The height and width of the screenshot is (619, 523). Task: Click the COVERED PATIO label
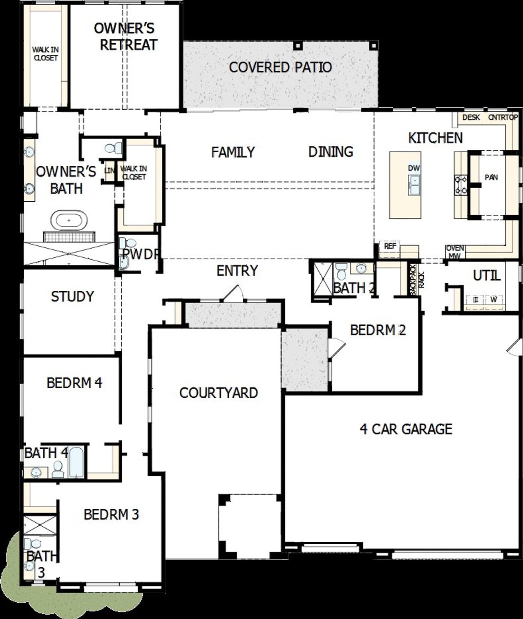coord(280,67)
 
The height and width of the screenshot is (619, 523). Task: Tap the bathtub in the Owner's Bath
coord(69,221)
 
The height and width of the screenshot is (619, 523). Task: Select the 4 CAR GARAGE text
coord(406,429)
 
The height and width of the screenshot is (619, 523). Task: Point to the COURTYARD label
coord(219,393)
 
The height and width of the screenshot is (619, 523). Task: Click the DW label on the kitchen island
coord(414,168)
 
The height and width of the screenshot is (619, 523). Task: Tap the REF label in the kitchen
coord(390,247)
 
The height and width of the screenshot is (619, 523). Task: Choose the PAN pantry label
coord(491,177)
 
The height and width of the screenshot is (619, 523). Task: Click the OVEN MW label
coord(455,252)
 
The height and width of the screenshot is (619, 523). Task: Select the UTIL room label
coord(487,276)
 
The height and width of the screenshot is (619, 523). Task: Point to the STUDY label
coord(72,296)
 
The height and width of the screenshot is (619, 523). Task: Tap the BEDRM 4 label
coord(74,383)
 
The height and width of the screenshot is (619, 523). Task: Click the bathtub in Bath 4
coord(77,462)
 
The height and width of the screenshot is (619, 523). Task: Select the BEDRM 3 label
coord(111,514)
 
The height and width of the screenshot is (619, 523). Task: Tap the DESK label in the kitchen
coord(471,118)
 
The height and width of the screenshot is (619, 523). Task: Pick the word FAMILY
coord(233,152)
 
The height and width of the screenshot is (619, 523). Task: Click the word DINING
coord(331,152)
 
